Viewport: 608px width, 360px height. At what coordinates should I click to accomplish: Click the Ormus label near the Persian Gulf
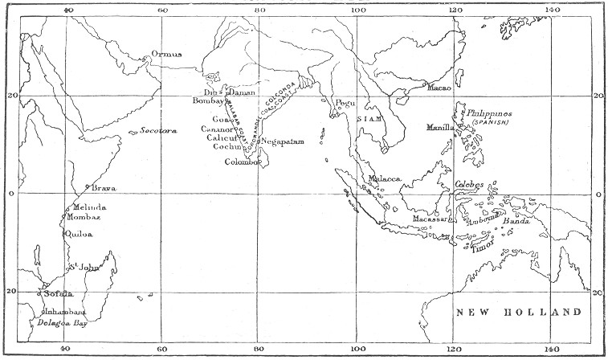click(166, 55)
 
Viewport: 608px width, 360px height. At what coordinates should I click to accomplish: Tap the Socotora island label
click(158, 130)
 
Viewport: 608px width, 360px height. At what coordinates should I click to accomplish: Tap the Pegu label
click(345, 103)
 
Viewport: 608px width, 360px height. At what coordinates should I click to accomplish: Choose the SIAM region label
click(367, 117)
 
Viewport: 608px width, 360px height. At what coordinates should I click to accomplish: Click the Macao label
click(440, 87)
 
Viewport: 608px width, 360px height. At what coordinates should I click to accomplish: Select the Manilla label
click(441, 127)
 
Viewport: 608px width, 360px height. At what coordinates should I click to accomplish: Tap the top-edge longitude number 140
click(552, 10)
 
